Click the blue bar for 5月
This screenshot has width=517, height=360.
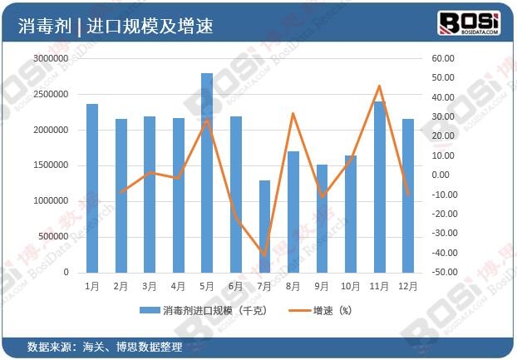[x=207, y=173]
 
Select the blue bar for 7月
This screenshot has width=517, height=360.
[x=264, y=226]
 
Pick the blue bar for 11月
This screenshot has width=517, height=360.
[x=379, y=187]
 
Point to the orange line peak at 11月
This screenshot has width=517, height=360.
[x=379, y=86]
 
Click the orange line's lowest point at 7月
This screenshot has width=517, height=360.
[x=264, y=255]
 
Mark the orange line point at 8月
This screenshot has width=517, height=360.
[x=293, y=113]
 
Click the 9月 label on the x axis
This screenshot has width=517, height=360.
[x=322, y=286]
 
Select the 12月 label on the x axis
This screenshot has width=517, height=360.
[x=408, y=286]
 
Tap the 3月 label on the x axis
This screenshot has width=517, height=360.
[x=150, y=286]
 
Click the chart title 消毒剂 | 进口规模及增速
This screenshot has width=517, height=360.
[x=116, y=26]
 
